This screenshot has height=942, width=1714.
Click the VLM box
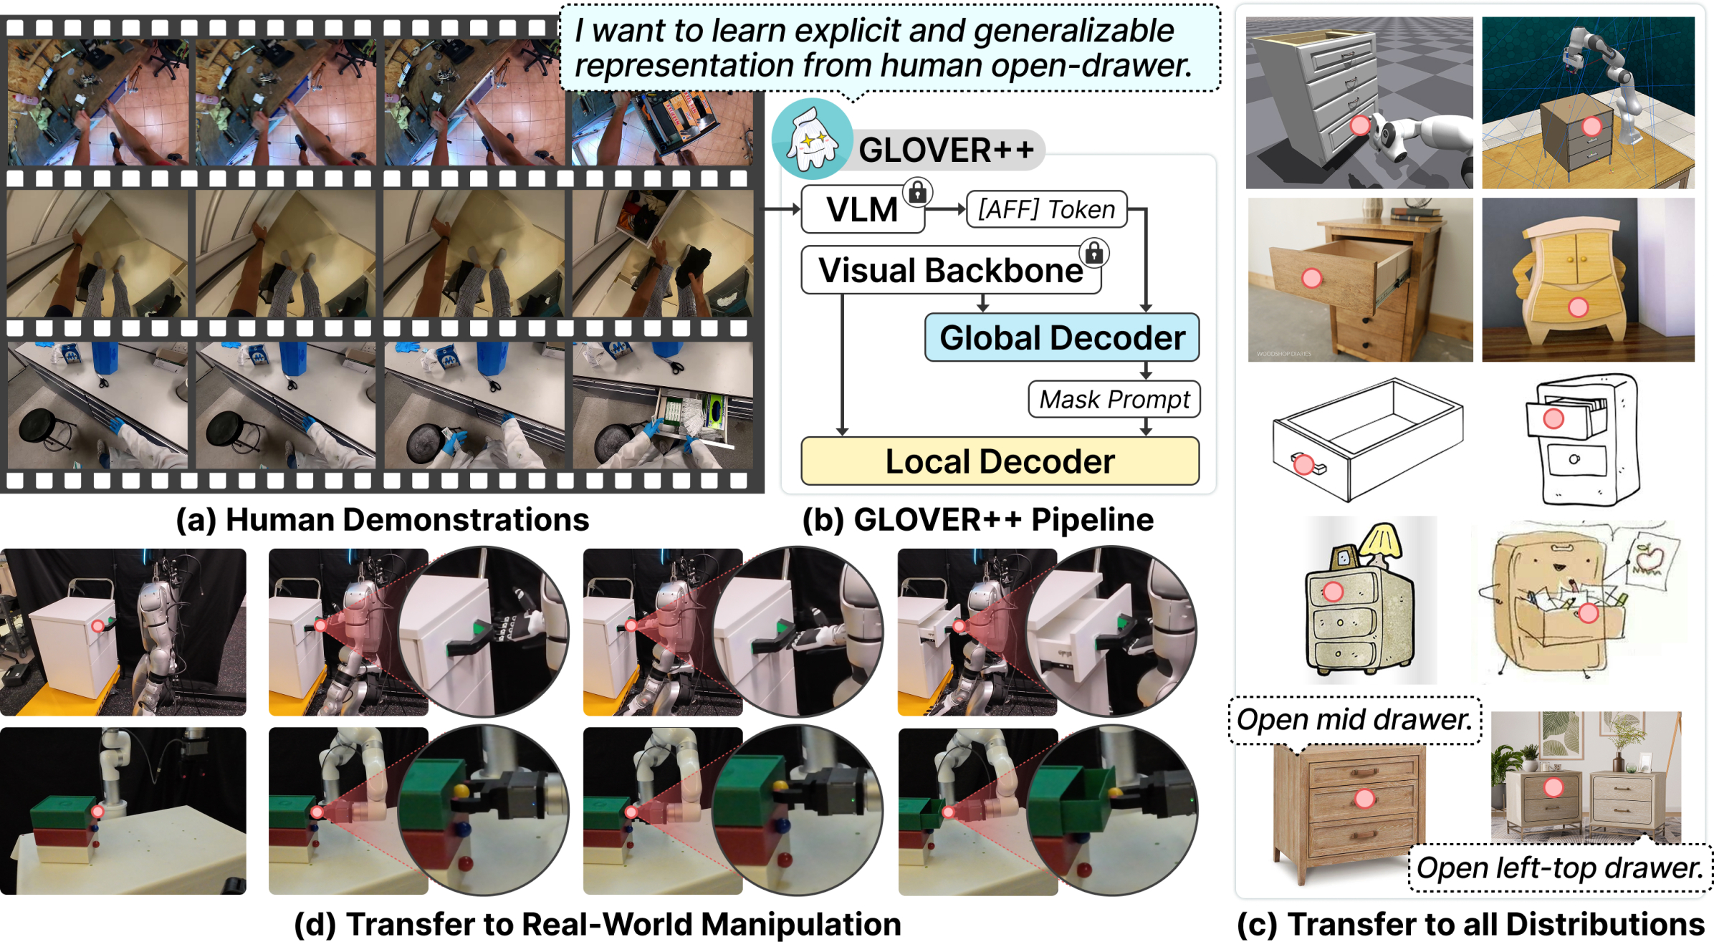click(862, 210)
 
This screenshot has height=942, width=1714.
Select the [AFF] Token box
click(1046, 209)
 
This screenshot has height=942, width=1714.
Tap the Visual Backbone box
click(950, 271)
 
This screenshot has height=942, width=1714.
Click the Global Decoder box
click(1062, 337)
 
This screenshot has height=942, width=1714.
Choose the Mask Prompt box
click(1114, 399)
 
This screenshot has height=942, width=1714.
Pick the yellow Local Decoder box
click(1000, 461)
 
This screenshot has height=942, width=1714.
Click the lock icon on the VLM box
click(917, 192)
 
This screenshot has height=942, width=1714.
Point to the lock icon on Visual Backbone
click(1094, 252)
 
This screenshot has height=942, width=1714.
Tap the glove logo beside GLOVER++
click(812, 139)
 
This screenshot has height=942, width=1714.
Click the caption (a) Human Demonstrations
click(383, 519)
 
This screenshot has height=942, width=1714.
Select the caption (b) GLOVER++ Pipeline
click(978, 519)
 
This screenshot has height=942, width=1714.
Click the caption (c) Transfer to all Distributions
click(1470, 924)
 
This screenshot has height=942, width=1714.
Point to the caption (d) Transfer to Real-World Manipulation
click(598, 924)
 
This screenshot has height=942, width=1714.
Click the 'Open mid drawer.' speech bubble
click(1354, 720)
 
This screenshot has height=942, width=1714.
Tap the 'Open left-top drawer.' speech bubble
click(1560, 867)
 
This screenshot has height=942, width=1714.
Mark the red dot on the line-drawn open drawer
click(1303, 465)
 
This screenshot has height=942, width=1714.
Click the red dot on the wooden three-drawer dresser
click(1364, 798)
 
